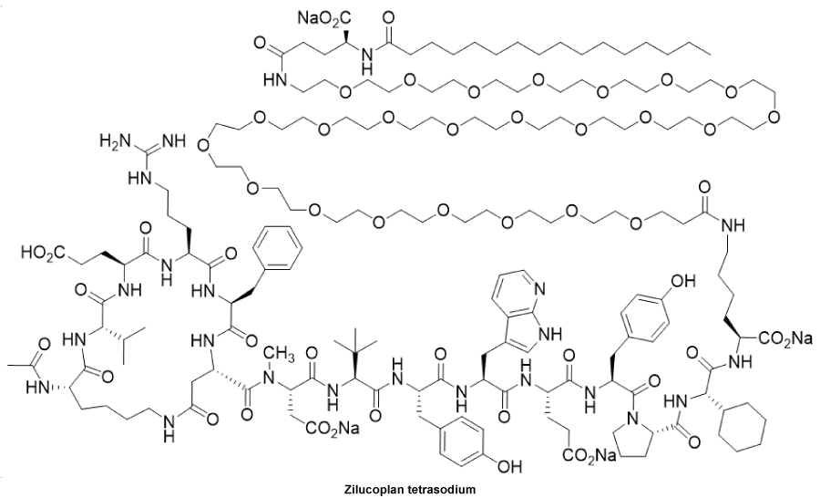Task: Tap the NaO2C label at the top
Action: [323, 19]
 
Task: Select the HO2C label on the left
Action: [43, 253]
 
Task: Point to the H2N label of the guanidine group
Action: [114, 142]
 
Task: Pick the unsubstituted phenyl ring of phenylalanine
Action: [277, 249]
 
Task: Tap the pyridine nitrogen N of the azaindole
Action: [539, 288]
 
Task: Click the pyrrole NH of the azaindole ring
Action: [548, 332]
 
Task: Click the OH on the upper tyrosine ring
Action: [683, 281]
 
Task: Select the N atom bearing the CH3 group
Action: [267, 377]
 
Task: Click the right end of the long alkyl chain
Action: [710, 53]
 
